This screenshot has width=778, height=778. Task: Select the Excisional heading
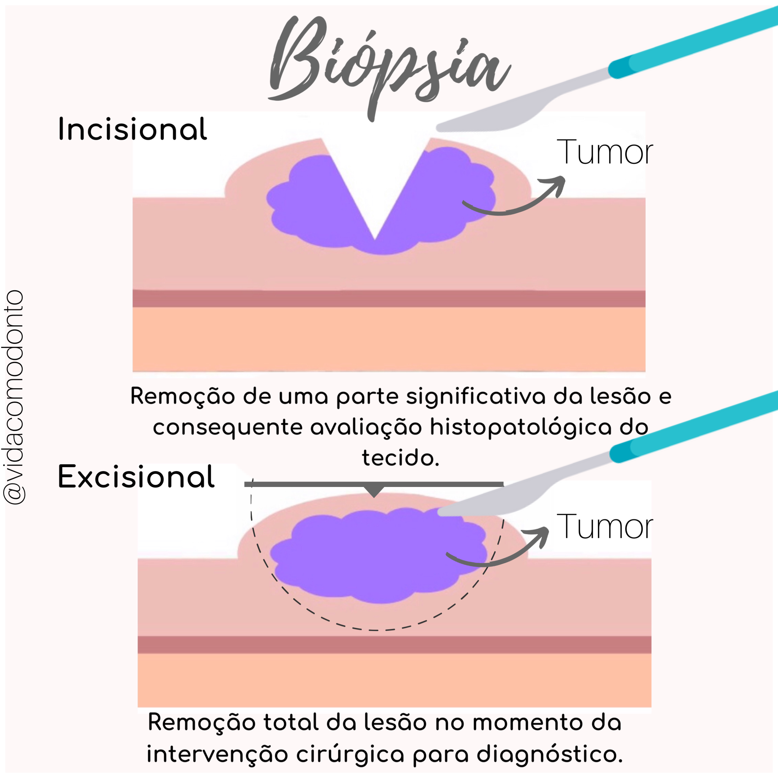(x=136, y=477)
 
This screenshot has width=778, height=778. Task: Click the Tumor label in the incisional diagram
(x=604, y=152)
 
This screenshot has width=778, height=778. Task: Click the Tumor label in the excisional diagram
(x=604, y=527)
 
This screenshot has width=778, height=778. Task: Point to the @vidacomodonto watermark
(x=14, y=397)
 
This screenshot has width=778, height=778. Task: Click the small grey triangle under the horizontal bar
(x=374, y=491)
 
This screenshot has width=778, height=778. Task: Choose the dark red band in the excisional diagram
(x=395, y=645)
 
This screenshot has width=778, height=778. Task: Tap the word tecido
(x=400, y=458)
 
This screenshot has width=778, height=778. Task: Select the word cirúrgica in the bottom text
(x=350, y=754)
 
